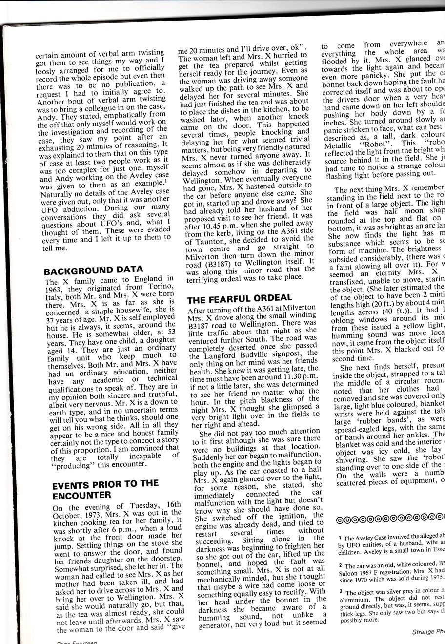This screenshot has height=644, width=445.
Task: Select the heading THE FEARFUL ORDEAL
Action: tap(240, 297)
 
